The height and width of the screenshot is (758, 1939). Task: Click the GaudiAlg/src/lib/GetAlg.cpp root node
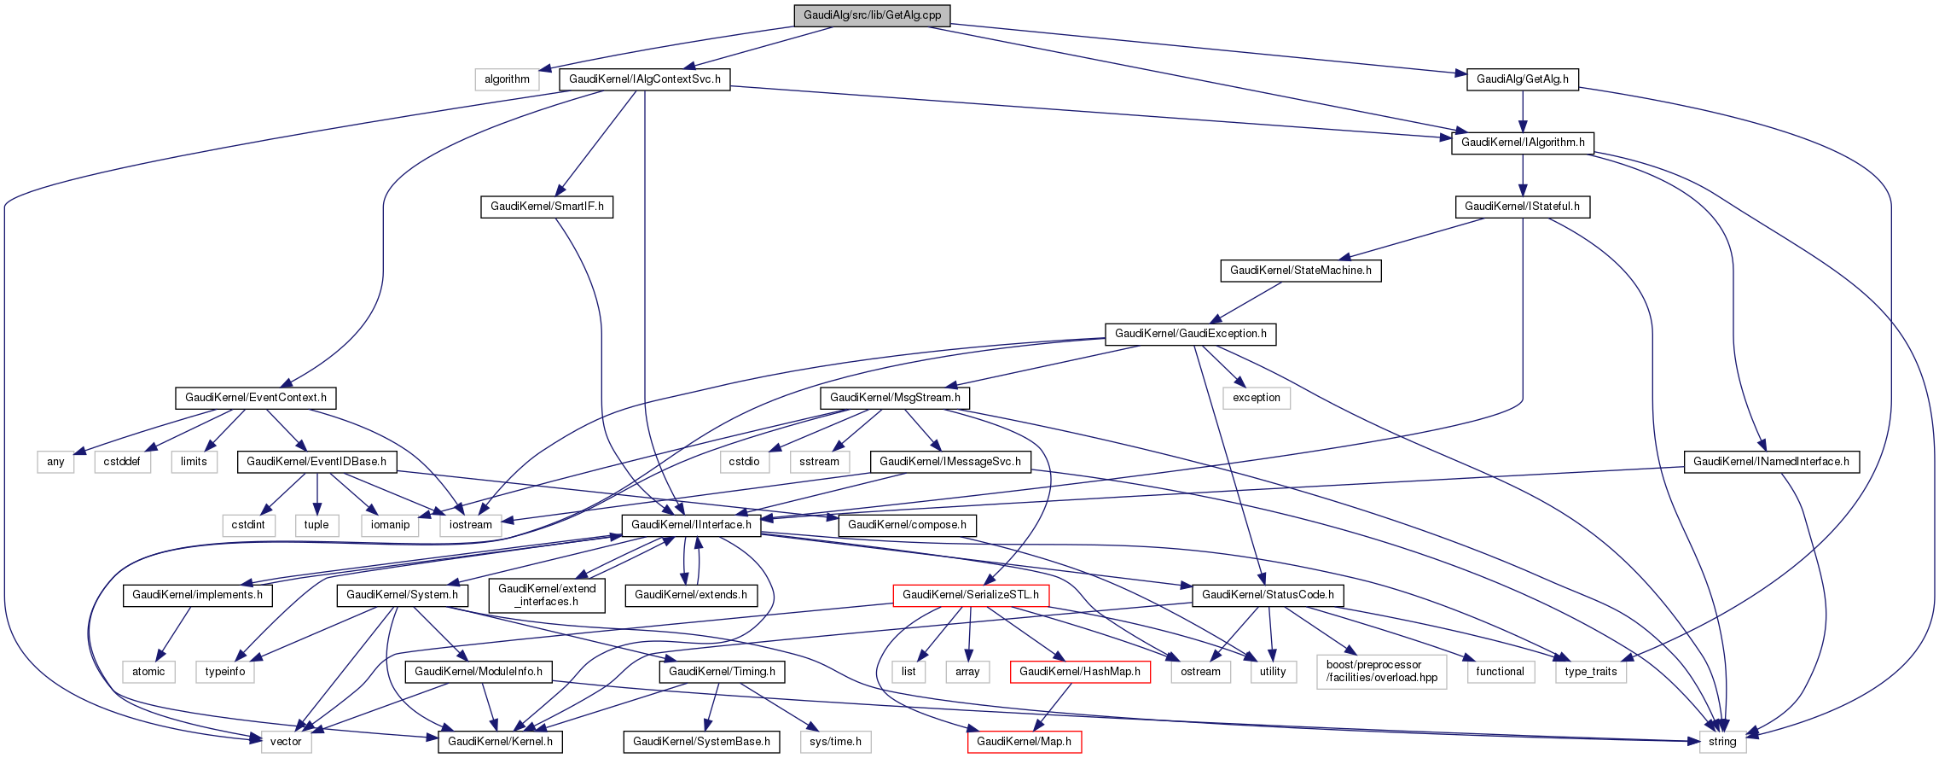tap(872, 15)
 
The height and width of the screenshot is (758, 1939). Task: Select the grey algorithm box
tap(507, 79)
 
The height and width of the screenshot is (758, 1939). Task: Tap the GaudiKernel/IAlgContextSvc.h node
tap(644, 79)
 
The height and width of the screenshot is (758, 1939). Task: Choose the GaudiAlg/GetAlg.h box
tap(1522, 79)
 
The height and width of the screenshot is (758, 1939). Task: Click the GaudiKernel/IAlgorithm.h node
tap(1523, 143)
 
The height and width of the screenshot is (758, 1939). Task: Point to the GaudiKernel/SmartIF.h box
tap(547, 207)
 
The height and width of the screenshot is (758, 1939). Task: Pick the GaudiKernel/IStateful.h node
tap(1522, 207)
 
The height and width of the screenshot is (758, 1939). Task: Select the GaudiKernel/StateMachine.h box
tap(1300, 271)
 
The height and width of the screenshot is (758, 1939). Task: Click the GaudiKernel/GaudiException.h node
tap(1190, 334)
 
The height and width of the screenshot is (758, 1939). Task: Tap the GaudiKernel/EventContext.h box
tap(255, 398)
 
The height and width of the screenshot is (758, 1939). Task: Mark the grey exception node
tap(1256, 398)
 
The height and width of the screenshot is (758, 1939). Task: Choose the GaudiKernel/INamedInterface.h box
tap(1771, 462)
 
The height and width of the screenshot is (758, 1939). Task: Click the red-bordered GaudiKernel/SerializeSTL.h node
tap(970, 595)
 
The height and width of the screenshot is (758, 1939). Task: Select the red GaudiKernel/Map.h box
tap(1024, 742)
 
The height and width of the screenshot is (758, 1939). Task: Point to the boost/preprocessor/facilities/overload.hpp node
tap(1381, 672)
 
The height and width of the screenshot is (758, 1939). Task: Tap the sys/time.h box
tap(835, 742)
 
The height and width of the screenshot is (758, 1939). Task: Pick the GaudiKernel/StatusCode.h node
tap(1268, 595)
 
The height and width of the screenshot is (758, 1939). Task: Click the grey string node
tap(1721, 742)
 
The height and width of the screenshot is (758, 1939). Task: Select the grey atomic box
tap(148, 672)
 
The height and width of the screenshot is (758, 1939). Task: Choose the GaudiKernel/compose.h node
tap(907, 525)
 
